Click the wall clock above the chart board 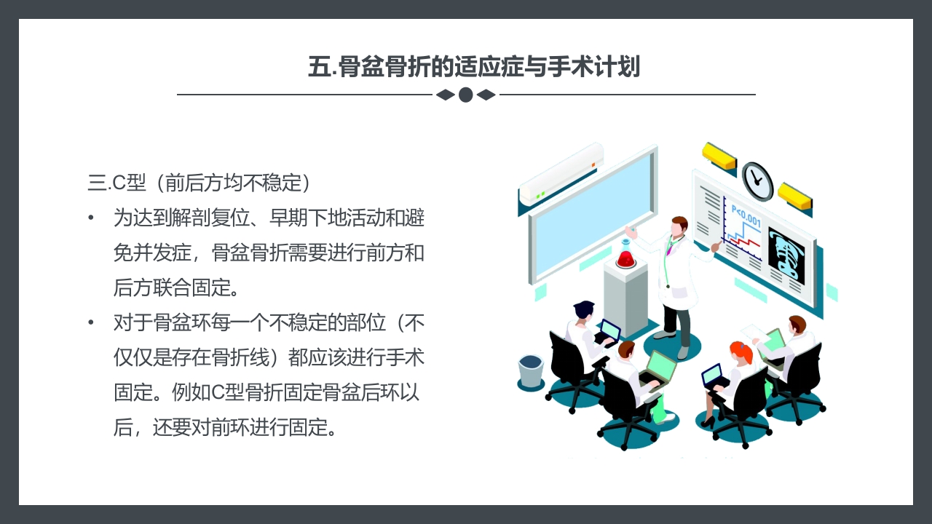pos(757,181)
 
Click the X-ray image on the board pos(786,255)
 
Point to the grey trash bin pos(531,370)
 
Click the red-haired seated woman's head pos(741,354)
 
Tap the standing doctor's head pos(679,226)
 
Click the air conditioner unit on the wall pos(561,173)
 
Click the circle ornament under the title pos(466,95)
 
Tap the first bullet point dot pos(91,218)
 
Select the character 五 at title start pos(319,67)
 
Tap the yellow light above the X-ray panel pos(794,194)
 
